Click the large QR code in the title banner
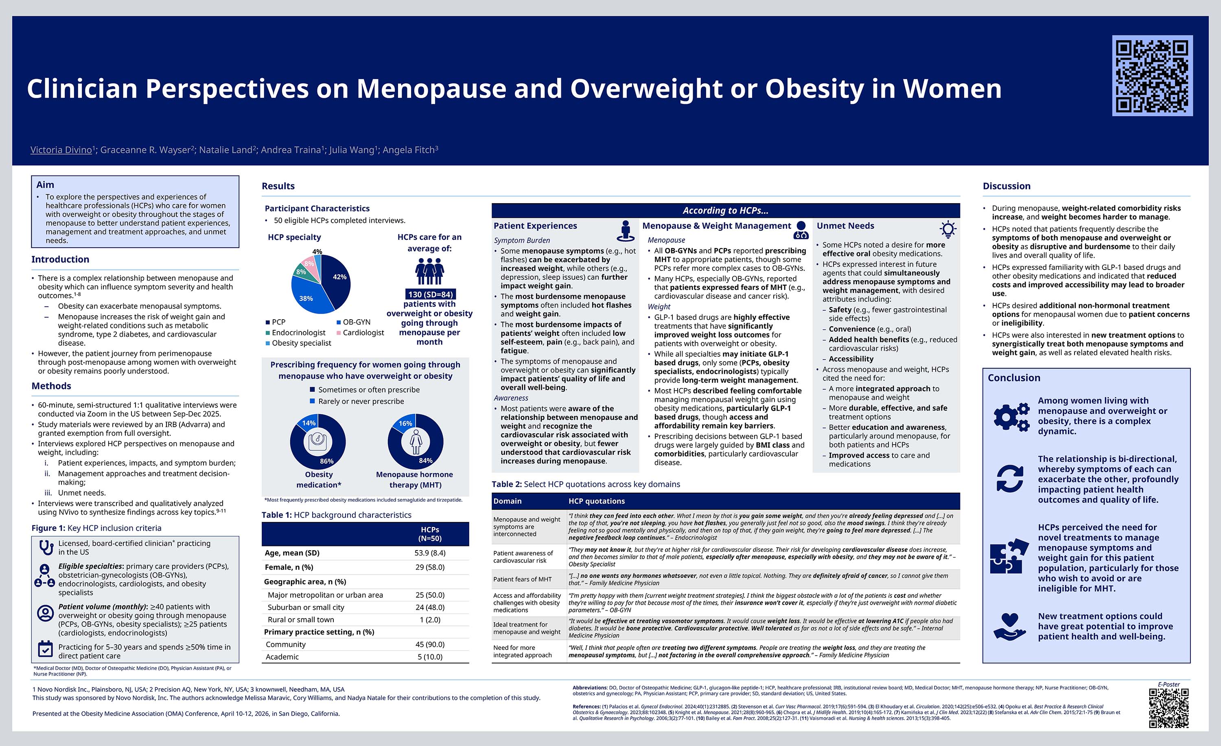pos(1152,75)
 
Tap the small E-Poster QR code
pos(1168,707)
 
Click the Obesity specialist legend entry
pos(298,343)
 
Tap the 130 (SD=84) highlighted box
pos(430,294)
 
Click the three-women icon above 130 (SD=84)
pos(429,271)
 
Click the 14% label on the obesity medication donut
pos(309,423)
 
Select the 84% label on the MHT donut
pos(426,461)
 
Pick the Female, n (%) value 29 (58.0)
pos(430,567)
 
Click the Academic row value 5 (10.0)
pos(430,657)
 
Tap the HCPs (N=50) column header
pos(430,534)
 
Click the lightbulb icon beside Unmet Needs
pos(947,229)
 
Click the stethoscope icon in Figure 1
pos(46,547)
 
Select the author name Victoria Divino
pos(61,150)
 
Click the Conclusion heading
pos(1014,378)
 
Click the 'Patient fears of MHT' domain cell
pos(522,579)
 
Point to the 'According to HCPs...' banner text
pos(725,211)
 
